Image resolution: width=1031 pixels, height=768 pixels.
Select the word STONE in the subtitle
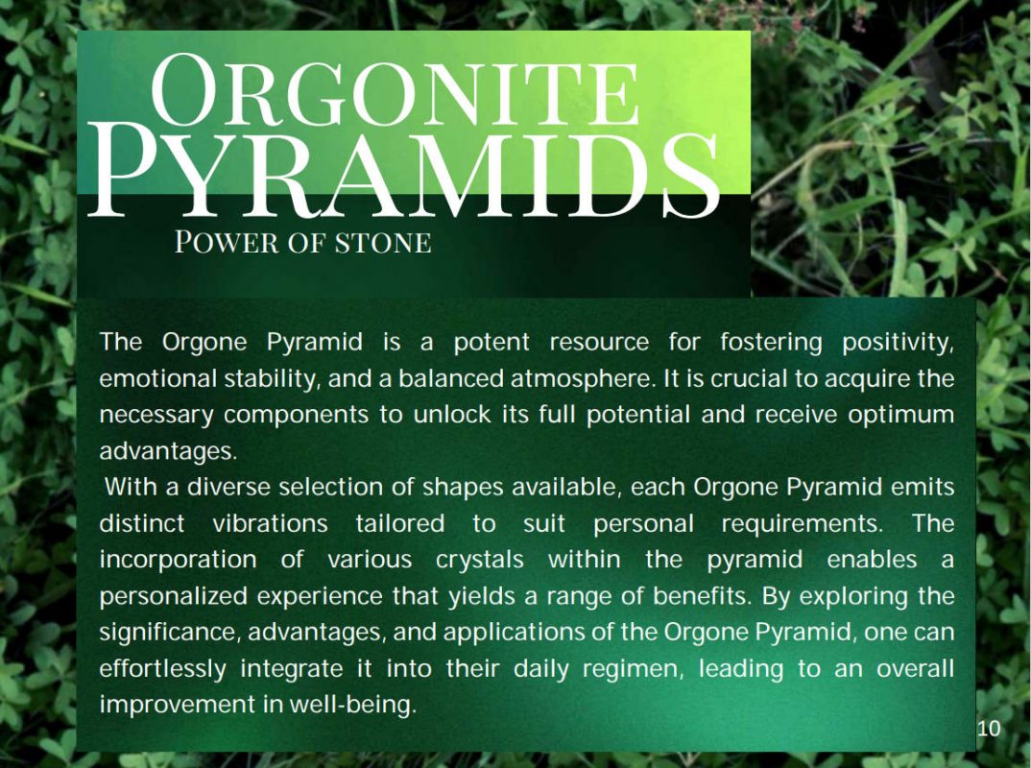coord(383,243)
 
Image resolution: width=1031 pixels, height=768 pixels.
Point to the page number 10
coord(988,729)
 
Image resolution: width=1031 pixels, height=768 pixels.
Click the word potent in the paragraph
coord(492,342)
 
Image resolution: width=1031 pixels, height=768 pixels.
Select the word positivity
coord(898,343)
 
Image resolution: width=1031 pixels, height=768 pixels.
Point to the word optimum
coord(900,416)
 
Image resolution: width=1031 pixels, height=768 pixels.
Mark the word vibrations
coord(271,523)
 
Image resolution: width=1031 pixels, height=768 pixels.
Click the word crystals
coord(480,560)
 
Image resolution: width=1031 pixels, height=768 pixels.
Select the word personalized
coord(174,596)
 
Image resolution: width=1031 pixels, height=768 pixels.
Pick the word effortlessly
coord(163,669)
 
